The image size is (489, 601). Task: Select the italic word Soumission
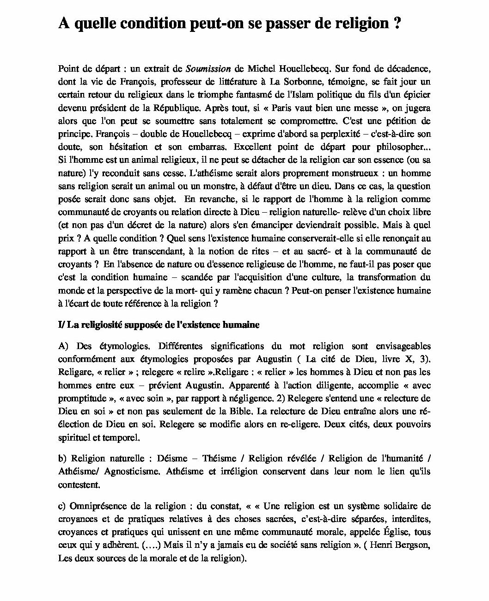208,69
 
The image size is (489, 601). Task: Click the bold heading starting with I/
159,325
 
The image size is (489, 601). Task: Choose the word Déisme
172,459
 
